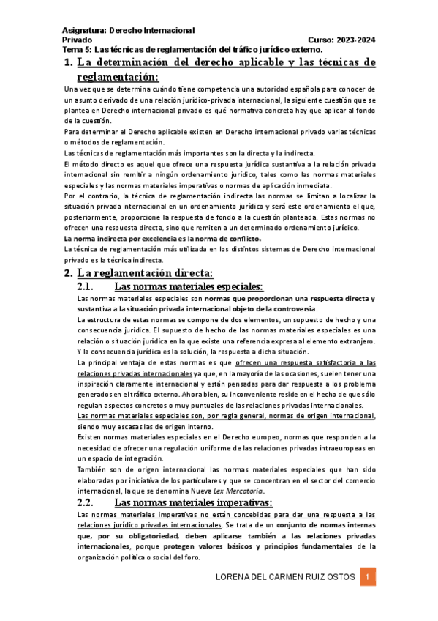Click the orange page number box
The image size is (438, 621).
[x=369, y=577]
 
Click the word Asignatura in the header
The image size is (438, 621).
[x=83, y=30]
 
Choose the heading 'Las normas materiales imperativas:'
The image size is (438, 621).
[x=194, y=502]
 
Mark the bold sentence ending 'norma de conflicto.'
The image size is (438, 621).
[x=162, y=239]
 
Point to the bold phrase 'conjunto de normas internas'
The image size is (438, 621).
[x=332, y=526]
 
